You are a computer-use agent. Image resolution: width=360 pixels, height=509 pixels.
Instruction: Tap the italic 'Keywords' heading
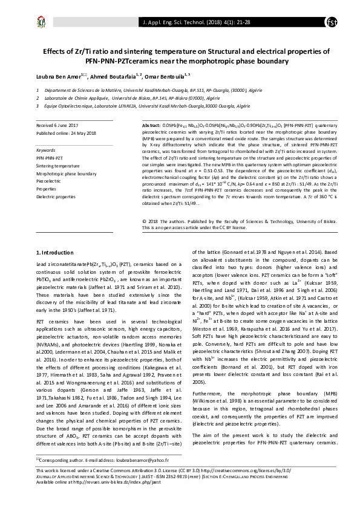pyautogui.click(x=47, y=149)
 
